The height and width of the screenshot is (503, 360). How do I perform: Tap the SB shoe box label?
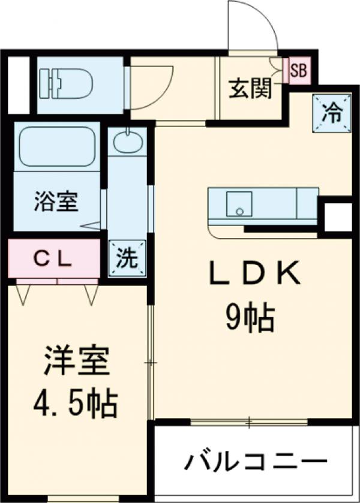pos(298,71)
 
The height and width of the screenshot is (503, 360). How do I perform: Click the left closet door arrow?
pos(24,294)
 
